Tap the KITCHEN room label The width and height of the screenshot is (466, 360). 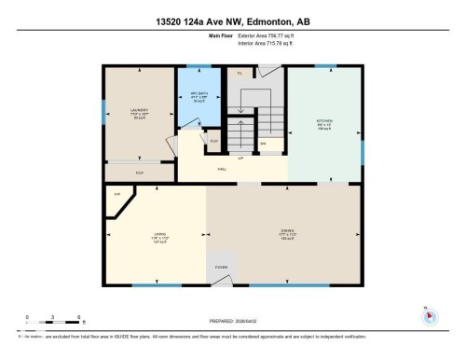pyautogui.click(x=323, y=121)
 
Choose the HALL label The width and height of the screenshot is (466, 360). pyautogui.click(x=223, y=169)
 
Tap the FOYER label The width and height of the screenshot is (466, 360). pyautogui.click(x=222, y=267)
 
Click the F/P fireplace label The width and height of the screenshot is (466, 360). pyautogui.click(x=117, y=193)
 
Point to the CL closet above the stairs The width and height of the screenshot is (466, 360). pyautogui.click(x=240, y=74)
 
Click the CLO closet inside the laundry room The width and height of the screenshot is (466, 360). pyautogui.click(x=139, y=173)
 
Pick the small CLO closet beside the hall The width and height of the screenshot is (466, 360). pyautogui.click(x=213, y=142)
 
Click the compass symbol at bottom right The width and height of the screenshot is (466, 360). pyautogui.click(x=429, y=316)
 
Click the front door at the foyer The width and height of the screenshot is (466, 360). pyautogui.click(x=222, y=282)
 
